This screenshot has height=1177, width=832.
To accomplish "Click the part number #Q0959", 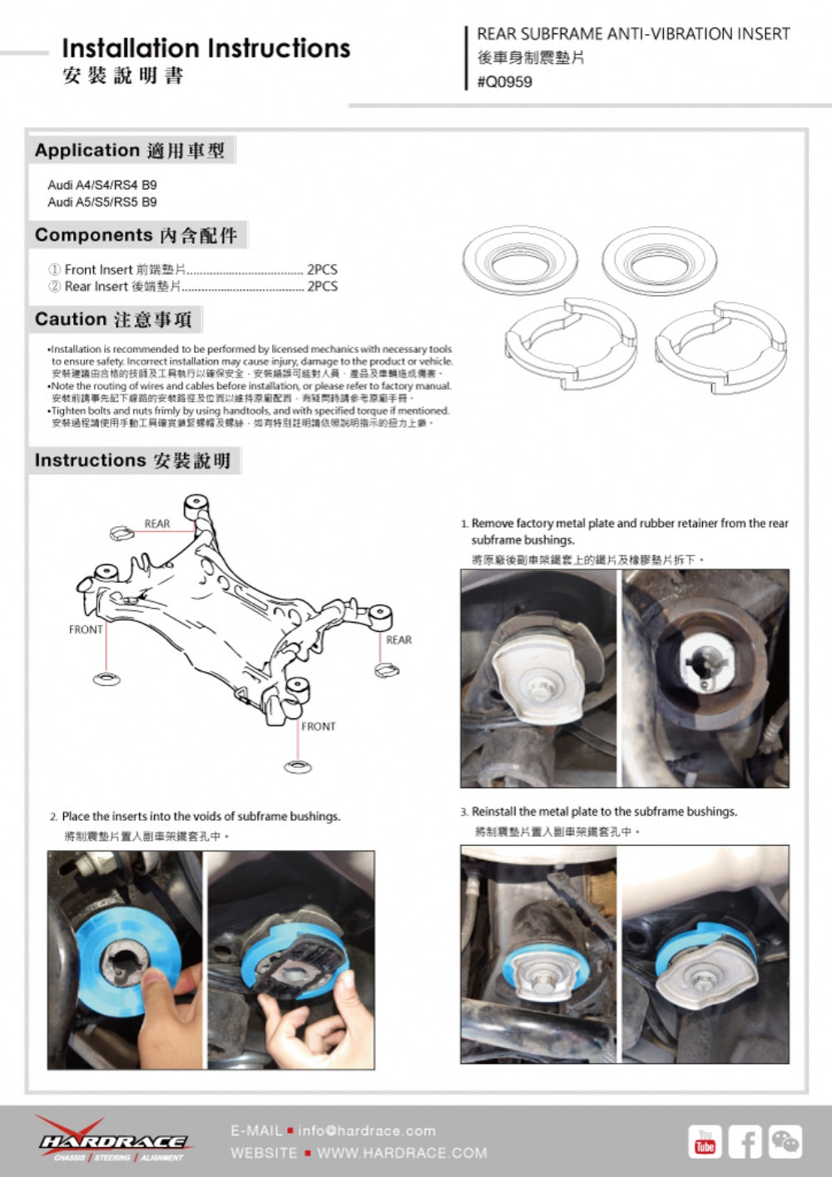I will tap(504, 82).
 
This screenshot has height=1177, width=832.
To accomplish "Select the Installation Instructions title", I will tap(206, 48).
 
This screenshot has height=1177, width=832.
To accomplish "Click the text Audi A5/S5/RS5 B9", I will tap(102, 202).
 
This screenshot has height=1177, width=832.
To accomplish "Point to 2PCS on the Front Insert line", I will tap(322, 269).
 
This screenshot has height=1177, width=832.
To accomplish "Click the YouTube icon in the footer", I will tap(705, 1141).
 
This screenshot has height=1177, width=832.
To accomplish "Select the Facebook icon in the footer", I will tap(745, 1141).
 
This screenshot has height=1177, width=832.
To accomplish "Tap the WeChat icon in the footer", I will tap(785, 1141).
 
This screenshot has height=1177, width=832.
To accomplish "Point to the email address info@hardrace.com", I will tap(366, 1130).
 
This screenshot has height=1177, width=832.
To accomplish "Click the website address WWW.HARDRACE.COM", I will tap(402, 1153).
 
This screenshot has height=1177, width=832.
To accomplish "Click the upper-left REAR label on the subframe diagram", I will tap(156, 524).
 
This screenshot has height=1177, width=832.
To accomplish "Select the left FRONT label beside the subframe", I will tap(86, 629).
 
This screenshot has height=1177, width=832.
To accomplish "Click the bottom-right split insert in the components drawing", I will tap(721, 346).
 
